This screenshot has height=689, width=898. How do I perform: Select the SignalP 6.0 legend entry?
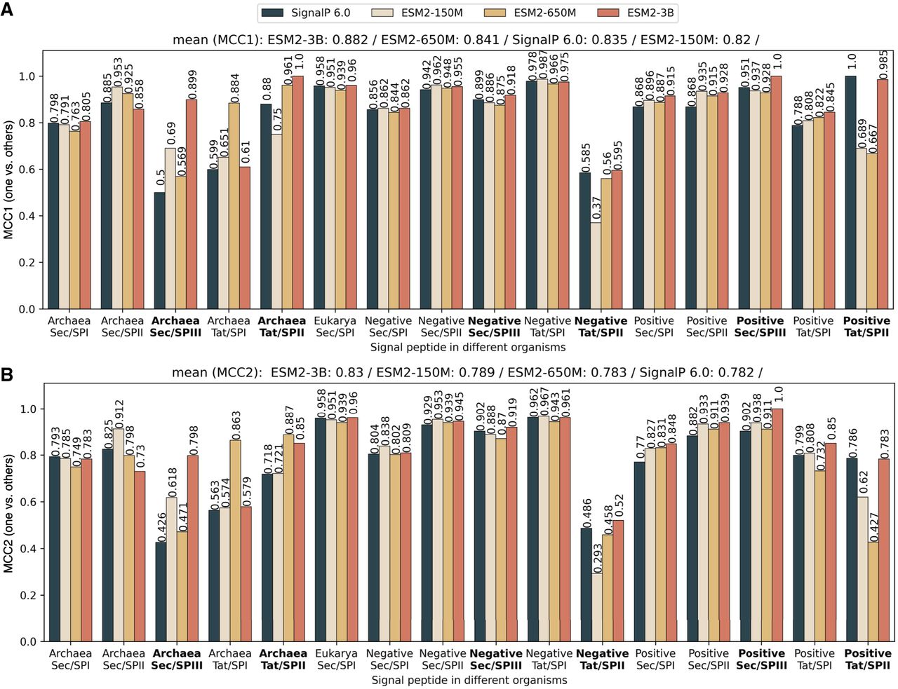(x=306, y=12)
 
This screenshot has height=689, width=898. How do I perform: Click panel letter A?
(x=6, y=12)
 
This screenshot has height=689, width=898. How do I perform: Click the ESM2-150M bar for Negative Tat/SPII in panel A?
(x=596, y=266)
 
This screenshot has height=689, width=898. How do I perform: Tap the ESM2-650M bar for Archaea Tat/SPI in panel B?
(x=235, y=540)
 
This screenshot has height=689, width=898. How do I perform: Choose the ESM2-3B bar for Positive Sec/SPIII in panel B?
(x=777, y=525)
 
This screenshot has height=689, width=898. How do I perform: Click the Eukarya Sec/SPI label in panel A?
(x=335, y=327)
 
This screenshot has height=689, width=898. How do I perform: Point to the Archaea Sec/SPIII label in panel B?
(x=176, y=660)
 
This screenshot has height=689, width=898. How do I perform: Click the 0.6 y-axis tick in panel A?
(x=27, y=170)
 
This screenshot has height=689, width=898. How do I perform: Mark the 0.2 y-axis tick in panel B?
(x=27, y=595)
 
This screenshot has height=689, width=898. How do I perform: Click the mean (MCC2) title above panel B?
(x=467, y=373)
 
